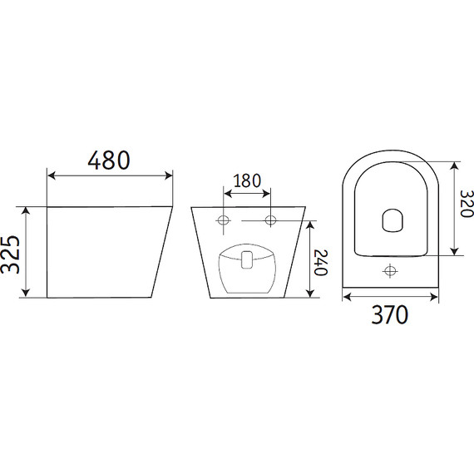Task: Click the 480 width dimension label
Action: click(x=109, y=160)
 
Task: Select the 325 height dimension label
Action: click(x=11, y=254)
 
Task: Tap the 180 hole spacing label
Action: click(x=247, y=180)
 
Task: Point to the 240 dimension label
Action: click(x=321, y=263)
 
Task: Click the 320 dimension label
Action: click(x=467, y=204)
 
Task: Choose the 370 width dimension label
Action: click(x=390, y=315)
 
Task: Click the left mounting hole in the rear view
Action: click(x=224, y=220)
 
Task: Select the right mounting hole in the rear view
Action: click(x=270, y=220)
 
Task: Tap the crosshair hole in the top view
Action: click(x=390, y=270)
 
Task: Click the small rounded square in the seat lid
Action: click(x=393, y=220)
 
